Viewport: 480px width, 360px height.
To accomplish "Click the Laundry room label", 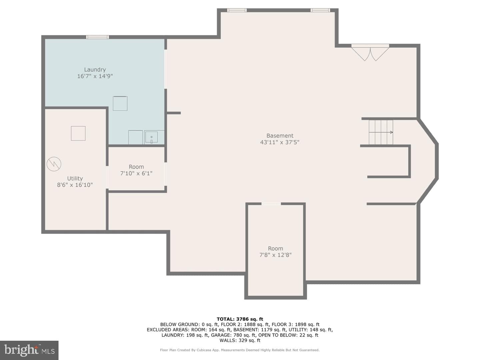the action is coord(95,70).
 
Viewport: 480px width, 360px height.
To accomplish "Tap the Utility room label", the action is coord(75,178).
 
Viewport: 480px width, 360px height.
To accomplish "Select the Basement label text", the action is coord(280,136).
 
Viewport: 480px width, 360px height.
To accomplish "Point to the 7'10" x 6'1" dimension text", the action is coord(136,173).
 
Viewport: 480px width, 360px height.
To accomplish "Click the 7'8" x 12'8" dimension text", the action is coord(275,255).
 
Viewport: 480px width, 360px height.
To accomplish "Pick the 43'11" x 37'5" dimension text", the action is coord(280,142).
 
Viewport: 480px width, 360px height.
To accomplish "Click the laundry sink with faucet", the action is coord(151,137).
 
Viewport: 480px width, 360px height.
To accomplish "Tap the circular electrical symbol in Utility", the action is coord(54,164).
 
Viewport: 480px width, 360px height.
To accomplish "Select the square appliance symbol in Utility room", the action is coord(78,133).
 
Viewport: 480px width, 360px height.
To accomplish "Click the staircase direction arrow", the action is coord(381,132).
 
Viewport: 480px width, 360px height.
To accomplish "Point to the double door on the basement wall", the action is coord(370,52).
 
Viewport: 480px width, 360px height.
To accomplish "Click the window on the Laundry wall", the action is coord(97,37).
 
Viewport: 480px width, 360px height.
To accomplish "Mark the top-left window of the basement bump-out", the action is coord(237,10).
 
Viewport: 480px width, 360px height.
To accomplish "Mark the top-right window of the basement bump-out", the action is coord(320,10).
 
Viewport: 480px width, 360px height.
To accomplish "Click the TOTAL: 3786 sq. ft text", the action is coord(240,319).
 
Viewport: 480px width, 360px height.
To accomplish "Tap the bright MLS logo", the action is coord(29,350).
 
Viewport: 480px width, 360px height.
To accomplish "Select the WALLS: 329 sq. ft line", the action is coord(240,340).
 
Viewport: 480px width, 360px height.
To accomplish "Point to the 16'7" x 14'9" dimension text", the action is coord(95,76).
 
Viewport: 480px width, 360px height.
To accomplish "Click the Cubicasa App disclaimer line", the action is coord(240,350).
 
